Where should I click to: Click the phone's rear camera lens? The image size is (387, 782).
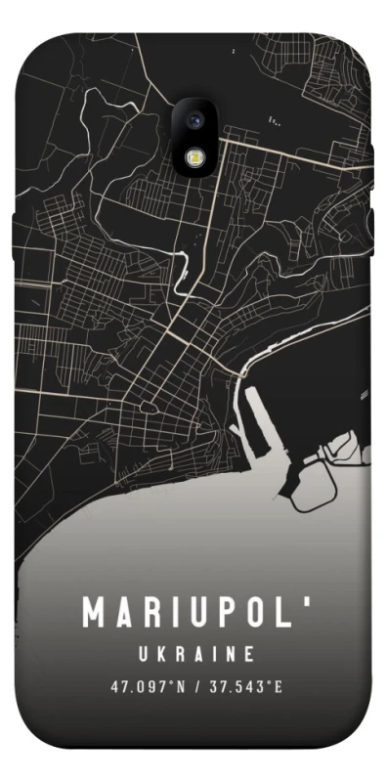point(193,120)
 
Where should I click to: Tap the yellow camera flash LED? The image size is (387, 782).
point(193,156)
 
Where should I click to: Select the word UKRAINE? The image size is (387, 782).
point(196,653)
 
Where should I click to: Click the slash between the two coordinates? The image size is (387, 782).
point(197,686)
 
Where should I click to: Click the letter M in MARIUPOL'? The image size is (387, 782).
point(96,613)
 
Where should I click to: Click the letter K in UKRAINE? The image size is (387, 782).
point(161,653)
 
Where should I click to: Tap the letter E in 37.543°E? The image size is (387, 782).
point(279,686)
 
